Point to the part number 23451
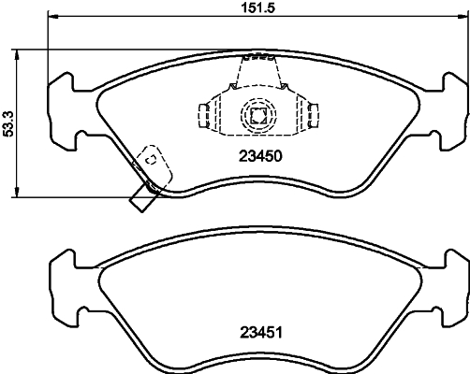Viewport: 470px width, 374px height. (257, 331)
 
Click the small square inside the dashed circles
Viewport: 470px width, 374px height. (257, 116)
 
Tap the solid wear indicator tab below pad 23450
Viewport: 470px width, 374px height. (144, 195)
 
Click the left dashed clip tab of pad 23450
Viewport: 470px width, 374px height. (202, 115)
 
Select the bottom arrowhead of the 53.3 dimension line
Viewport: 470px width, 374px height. (18, 194)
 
